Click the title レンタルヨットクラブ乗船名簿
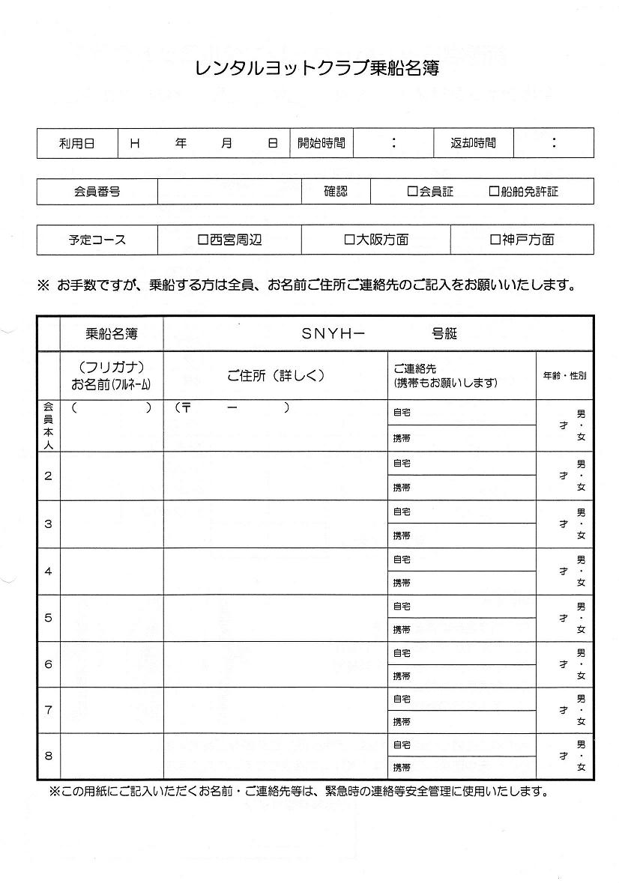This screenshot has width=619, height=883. pyautogui.click(x=309, y=69)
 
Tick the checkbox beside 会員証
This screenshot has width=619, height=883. pyautogui.click(x=412, y=192)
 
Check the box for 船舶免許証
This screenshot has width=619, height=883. pyautogui.click(x=494, y=192)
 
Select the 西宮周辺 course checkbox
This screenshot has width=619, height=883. pyautogui.click(x=202, y=240)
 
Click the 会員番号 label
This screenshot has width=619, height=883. pyautogui.click(x=97, y=192)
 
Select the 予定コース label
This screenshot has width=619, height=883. pyautogui.click(x=97, y=240)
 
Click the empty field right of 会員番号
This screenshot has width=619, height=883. pyautogui.click(x=229, y=192)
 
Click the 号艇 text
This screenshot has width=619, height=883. pyautogui.click(x=444, y=334)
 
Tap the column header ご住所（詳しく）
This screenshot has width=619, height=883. pyautogui.click(x=276, y=375)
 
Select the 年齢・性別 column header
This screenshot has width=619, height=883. pyautogui.click(x=564, y=375)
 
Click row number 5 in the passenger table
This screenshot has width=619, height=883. pyautogui.click(x=49, y=618)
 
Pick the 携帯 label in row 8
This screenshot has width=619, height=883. pyautogui.click(x=402, y=768)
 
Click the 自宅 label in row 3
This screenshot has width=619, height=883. pyautogui.click(x=402, y=512)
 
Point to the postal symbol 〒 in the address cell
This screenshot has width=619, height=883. pyautogui.click(x=186, y=408)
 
